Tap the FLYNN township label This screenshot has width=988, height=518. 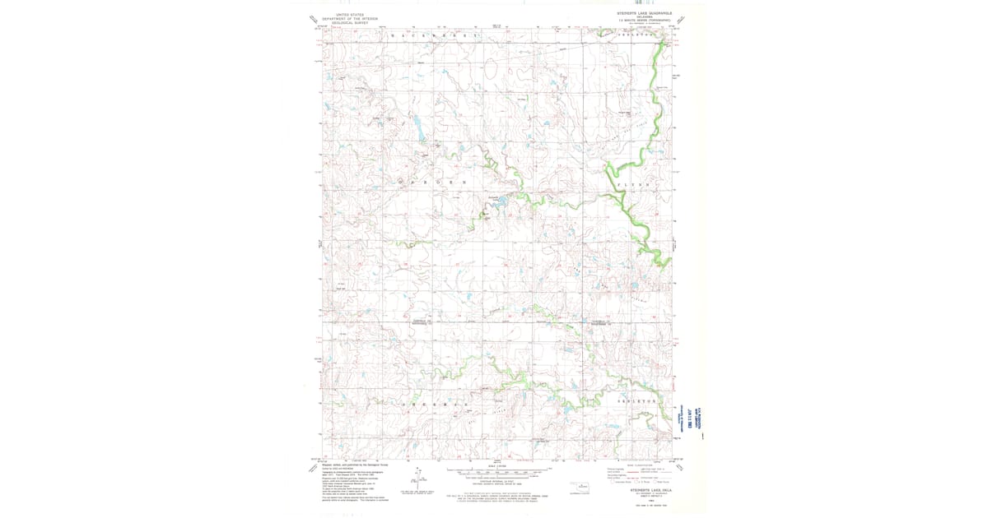(x=634, y=186)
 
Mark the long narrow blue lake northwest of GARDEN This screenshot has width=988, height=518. (x=418, y=127)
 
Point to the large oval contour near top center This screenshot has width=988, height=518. (x=492, y=72)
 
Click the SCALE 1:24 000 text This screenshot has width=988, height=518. (x=498, y=465)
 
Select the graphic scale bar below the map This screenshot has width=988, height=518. (x=498, y=472)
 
